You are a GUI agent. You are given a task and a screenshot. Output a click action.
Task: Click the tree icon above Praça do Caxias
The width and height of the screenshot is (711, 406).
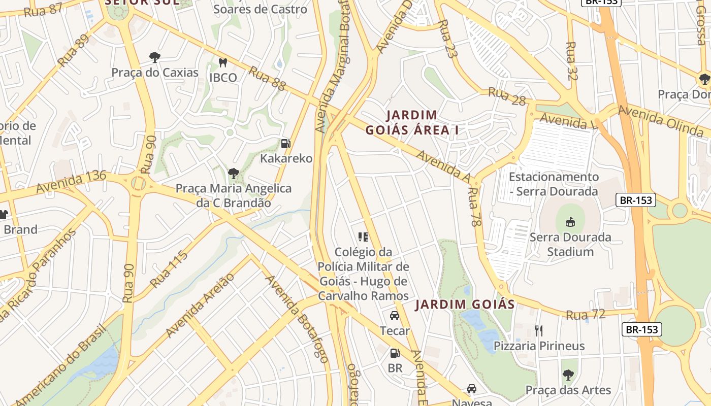click(154, 57)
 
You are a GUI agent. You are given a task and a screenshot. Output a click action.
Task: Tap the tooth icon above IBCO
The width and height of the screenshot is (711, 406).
click(222, 62)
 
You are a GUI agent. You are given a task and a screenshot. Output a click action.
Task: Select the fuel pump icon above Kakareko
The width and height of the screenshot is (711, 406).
click(286, 143)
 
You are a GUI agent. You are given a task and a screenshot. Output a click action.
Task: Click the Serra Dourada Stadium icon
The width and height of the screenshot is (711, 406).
click(570, 222)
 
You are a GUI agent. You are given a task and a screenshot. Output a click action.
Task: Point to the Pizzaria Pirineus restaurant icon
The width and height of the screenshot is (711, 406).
click(539, 331)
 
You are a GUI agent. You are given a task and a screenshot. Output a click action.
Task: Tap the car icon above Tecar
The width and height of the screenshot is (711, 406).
click(394, 316)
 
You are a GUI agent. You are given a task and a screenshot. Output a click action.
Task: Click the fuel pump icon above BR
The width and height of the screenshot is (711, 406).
click(394, 353)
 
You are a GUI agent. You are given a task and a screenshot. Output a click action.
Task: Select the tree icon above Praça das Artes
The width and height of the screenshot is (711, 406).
click(568, 375)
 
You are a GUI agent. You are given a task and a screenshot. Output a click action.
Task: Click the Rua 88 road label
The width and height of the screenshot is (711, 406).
click(267, 78)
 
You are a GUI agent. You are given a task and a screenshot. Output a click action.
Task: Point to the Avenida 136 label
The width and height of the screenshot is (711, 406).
click(71, 182)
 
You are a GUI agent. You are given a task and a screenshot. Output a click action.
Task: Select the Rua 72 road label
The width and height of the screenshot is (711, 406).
click(586, 315)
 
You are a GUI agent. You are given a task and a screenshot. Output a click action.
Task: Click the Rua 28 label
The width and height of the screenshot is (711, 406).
click(506, 96)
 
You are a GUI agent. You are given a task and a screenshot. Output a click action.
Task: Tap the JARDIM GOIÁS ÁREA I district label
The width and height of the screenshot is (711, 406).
click(412, 122)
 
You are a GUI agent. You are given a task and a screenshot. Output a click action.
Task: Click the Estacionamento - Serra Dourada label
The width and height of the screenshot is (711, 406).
click(554, 184)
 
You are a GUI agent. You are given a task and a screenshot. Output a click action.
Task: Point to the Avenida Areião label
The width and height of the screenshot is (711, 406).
click(200, 306)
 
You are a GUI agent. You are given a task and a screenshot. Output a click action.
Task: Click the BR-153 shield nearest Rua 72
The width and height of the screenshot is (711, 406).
click(641, 329)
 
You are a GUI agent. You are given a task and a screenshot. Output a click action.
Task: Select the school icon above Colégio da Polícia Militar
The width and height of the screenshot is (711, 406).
click(363, 236)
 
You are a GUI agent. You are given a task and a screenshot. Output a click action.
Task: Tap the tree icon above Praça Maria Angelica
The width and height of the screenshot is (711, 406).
click(233, 174)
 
